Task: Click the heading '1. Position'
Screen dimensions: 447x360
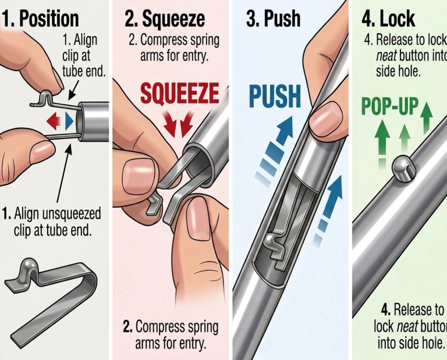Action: [41, 19]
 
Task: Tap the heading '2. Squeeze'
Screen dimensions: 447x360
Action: [165, 19]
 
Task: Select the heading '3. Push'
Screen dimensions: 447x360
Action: [274, 19]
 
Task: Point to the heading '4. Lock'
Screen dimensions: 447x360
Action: [388, 19]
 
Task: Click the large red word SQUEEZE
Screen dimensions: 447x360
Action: [180, 94]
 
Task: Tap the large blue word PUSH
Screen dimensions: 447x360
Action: [275, 97]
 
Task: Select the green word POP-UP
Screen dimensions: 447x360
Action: [390, 106]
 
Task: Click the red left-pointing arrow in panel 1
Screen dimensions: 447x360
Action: [54, 122]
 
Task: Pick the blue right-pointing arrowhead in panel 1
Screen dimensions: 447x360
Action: [69, 122]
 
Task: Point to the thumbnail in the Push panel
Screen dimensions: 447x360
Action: [326, 117]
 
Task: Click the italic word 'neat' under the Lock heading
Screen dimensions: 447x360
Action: [386, 56]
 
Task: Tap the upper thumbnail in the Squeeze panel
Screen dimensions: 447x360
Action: [139, 177]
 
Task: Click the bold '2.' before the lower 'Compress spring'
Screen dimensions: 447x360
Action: [127, 327]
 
